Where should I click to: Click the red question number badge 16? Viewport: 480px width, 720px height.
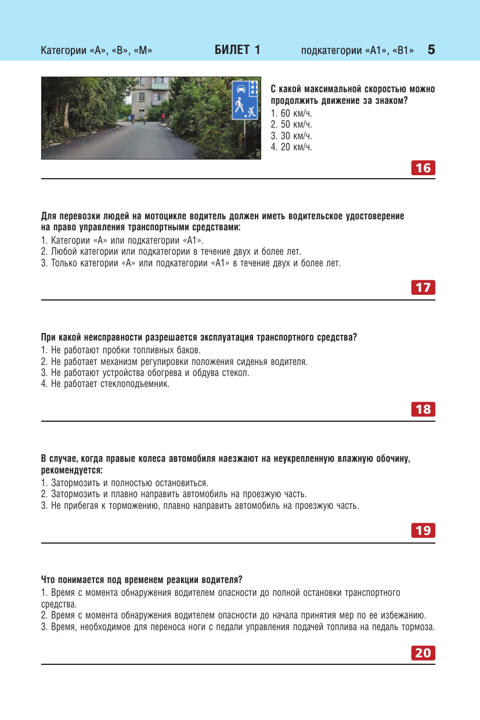click(423, 168)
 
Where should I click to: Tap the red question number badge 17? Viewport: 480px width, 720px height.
click(423, 287)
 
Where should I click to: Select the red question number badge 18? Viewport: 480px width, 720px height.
click(423, 409)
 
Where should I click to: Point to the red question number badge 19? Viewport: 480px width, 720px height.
click(423, 530)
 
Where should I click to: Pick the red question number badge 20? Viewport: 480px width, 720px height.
click(423, 653)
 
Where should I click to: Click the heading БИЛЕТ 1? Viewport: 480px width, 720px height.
click(237, 50)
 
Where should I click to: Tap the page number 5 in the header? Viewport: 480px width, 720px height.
click(431, 50)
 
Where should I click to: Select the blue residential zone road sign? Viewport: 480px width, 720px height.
click(245, 100)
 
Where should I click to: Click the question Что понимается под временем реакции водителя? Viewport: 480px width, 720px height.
click(142, 580)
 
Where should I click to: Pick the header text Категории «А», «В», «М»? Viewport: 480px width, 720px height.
click(96, 50)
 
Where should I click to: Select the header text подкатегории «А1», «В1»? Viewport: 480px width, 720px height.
click(358, 50)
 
